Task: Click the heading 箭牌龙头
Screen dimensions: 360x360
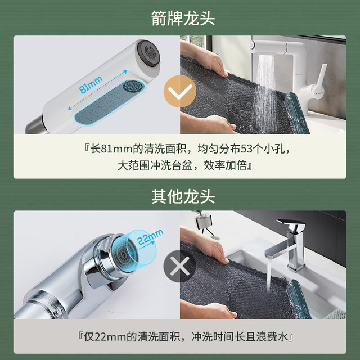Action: coord(183,18)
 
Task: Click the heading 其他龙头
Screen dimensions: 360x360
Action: coord(183,196)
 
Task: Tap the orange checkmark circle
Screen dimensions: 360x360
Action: coord(180,91)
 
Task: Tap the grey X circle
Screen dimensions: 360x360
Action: coord(180,266)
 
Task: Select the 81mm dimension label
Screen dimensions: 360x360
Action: coord(91,84)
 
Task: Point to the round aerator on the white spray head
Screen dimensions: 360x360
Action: coord(133,86)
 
